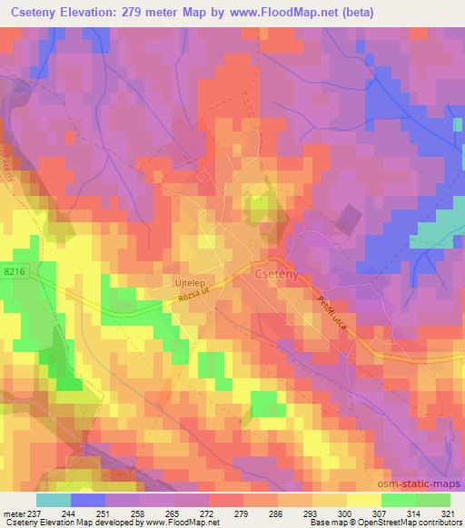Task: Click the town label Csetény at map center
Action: tap(278, 273)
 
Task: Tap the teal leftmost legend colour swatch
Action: tap(53, 500)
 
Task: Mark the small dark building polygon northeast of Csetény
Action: tap(349, 219)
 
